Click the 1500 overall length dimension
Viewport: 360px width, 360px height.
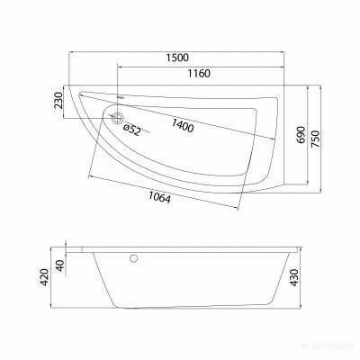pyautogui.click(x=177, y=58)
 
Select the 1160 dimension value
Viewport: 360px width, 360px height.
pyautogui.click(x=199, y=73)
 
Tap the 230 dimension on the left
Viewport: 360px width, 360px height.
pyautogui.click(x=58, y=100)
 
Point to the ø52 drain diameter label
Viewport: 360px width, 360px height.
pyautogui.click(x=132, y=130)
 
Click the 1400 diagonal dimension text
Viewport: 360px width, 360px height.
pyautogui.click(x=183, y=125)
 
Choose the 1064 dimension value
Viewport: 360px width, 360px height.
pyautogui.click(x=159, y=197)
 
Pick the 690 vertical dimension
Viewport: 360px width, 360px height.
pyautogui.click(x=301, y=135)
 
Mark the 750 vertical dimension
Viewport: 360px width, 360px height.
pyautogui.click(x=315, y=139)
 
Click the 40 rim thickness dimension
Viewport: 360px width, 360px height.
pyautogui.click(x=60, y=265)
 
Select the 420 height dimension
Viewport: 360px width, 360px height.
pyautogui.click(x=44, y=277)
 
